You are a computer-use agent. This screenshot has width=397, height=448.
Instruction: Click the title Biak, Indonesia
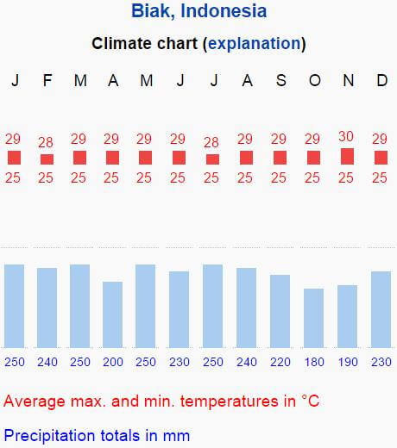(198, 11)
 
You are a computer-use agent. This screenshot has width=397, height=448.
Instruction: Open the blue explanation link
(255, 44)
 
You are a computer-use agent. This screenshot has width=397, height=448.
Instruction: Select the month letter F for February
(47, 80)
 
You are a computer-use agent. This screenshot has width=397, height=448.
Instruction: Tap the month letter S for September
(281, 80)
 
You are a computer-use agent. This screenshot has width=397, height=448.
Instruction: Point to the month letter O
(315, 80)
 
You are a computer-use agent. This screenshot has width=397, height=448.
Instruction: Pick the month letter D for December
(382, 80)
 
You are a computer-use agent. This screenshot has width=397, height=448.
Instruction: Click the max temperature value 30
(346, 136)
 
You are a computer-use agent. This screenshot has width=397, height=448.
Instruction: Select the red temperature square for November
(347, 157)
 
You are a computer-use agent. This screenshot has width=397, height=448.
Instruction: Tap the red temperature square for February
(47, 159)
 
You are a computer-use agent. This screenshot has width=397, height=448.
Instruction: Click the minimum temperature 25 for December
(380, 177)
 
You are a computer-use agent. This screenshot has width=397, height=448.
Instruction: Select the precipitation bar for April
(112, 314)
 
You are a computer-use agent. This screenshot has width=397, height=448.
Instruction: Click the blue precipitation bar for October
(313, 318)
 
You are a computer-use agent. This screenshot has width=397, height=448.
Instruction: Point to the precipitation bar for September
(280, 311)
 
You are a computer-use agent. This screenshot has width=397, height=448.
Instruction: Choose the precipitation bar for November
(347, 316)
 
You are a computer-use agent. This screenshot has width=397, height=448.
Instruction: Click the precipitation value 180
(314, 362)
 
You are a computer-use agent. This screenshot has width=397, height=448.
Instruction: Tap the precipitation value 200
(113, 362)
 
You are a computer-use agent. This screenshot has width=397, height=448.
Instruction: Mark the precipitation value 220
(280, 362)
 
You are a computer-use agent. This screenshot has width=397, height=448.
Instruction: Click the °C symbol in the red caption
(311, 401)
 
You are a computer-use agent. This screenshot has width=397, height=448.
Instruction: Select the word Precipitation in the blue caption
(49, 436)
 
